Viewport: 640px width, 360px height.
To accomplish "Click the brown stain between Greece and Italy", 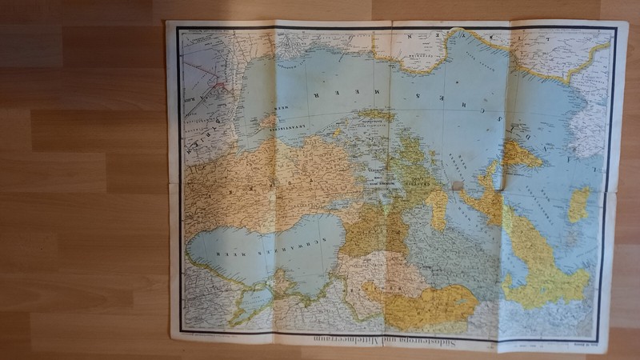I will (x=457, y=185).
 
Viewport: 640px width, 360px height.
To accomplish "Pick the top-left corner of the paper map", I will (x=166, y=22).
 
